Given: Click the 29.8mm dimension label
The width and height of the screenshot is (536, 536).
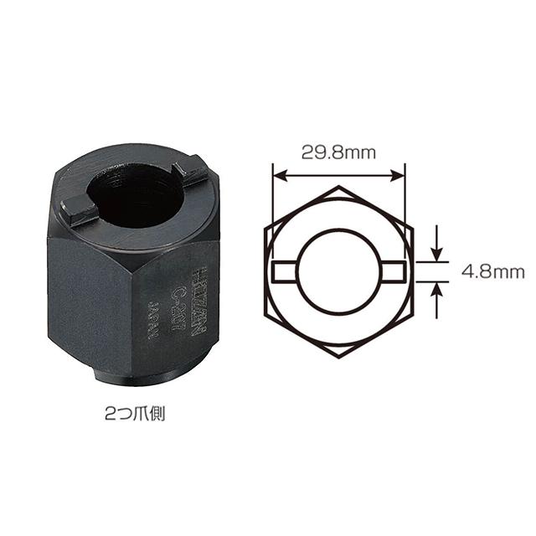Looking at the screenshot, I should pyautogui.click(x=339, y=152).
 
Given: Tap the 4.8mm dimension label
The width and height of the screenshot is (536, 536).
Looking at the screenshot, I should pyautogui.click(x=492, y=272).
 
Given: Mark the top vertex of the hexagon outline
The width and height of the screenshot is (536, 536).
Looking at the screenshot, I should pyautogui.click(x=339, y=186).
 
